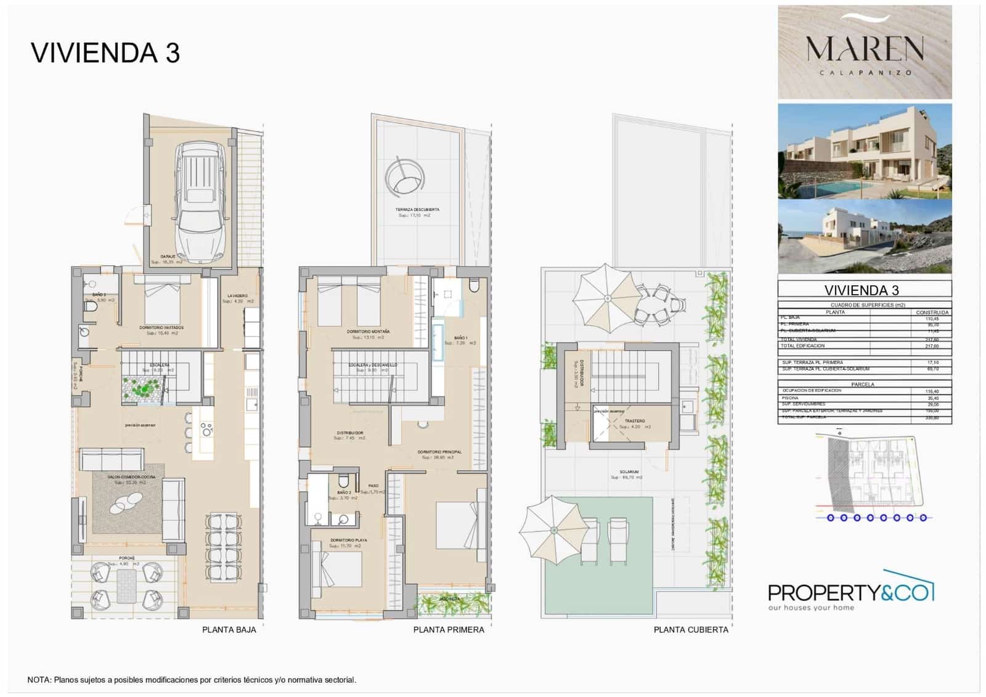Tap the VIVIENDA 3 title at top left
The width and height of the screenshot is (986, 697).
coord(105,53)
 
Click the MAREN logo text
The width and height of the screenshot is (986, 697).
coord(865,49)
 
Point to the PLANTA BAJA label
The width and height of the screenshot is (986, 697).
coord(229,630)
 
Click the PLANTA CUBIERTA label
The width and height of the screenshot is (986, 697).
coord(691,630)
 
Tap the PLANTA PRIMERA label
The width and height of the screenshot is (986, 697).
coord(449,630)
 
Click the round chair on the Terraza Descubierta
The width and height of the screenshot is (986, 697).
coord(405,177)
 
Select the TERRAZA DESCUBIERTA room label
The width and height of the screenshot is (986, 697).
coord(417,210)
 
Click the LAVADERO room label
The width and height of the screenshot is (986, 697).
coord(237,296)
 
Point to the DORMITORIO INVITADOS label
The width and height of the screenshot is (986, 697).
coord(161,328)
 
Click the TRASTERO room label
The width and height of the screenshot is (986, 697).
coord(635,421)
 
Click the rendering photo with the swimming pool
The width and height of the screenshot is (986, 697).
coord(865,152)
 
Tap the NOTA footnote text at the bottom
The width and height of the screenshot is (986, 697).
coord(192,680)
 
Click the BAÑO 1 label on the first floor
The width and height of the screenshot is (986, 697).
coord(460,338)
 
